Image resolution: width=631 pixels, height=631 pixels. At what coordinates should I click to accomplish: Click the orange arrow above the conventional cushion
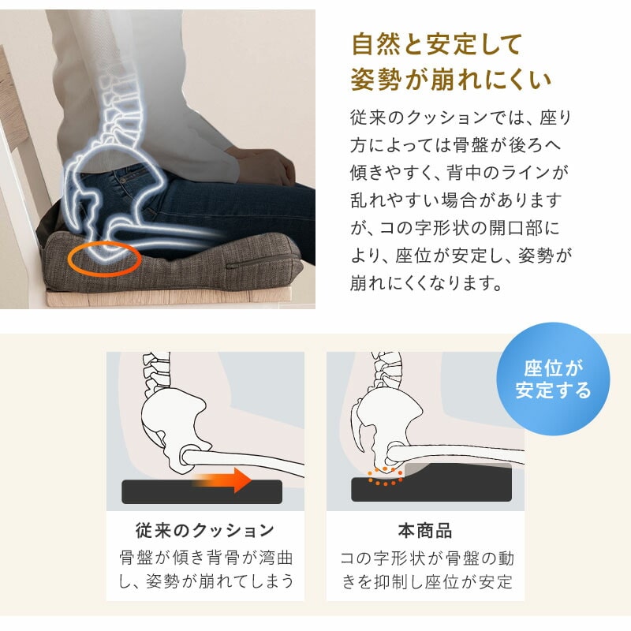click(223, 480)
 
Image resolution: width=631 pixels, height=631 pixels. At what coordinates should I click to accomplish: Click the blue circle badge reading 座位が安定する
click(553, 379)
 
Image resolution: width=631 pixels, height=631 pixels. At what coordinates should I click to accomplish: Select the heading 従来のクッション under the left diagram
click(205, 530)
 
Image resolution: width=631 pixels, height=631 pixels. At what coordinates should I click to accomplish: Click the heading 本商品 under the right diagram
click(425, 530)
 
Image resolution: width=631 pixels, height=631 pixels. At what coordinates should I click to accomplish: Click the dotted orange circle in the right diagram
click(385, 476)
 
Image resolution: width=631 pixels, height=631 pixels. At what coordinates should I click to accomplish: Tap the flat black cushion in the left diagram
click(202, 491)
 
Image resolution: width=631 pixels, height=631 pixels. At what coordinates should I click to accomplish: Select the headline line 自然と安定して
click(437, 44)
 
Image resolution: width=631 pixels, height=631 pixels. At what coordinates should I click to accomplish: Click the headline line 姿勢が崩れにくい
click(450, 80)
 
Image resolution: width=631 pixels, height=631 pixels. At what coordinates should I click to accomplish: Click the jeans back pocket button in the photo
click(123, 181)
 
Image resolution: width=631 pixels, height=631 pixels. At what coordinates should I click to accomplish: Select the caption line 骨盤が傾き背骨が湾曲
click(206, 558)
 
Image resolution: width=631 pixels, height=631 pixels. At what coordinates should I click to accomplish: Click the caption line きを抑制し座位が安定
click(428, 582)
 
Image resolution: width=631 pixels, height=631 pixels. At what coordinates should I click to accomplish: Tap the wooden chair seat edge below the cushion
click(168, 298)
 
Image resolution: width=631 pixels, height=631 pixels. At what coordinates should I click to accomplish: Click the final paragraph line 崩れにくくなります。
click(427, 283)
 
